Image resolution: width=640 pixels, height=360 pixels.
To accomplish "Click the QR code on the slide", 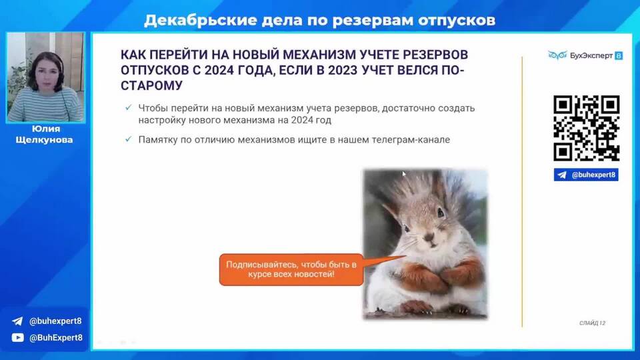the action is point(587,128).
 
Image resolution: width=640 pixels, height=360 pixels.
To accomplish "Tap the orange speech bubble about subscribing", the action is point(291,269).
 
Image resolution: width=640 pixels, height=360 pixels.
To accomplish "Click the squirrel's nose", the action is point(429,236).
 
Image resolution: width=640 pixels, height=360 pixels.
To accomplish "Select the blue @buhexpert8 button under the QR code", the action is point(586,175).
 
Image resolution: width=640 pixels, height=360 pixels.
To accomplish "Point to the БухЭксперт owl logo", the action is point(557,55).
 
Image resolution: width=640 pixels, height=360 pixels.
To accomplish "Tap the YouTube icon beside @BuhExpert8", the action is point(17,337).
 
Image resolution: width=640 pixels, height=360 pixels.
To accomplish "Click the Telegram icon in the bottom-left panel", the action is point(17,321).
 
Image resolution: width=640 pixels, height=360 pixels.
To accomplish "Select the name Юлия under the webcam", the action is point(46,129).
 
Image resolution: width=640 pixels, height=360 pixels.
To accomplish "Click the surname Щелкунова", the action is point(45,139).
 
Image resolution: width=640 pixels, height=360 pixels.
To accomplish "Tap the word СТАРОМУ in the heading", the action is point(152,86).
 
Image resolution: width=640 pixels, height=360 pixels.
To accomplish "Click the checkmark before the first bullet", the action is point(129,107).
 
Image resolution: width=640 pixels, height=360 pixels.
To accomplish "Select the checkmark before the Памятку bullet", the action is point(129,139).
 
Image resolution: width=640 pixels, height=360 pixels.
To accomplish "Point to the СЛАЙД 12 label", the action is point(592,323).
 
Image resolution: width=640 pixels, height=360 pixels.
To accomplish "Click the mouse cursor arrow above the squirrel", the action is point(404,174).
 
